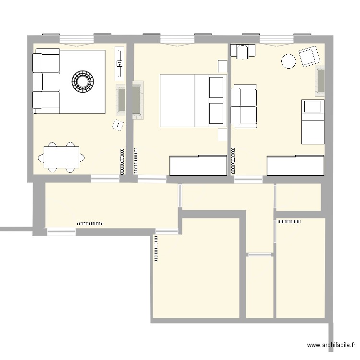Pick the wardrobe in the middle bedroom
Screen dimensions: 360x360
(198, 166)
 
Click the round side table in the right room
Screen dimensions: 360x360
(288, 61)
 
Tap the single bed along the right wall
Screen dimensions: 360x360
(312, 121)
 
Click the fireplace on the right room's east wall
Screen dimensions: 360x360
(320, 81)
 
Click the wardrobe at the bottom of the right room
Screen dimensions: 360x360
(295, 166)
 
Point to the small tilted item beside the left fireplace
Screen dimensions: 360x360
(117, 125)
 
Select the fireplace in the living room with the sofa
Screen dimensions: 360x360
(121, 99)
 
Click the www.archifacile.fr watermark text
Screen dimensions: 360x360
(331, 345)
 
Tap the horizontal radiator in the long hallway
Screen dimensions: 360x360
(90, 223)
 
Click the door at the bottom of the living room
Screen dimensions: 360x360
(105, 178)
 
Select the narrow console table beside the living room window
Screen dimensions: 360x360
(118, 63)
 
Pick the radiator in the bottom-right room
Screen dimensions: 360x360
(289, 222)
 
